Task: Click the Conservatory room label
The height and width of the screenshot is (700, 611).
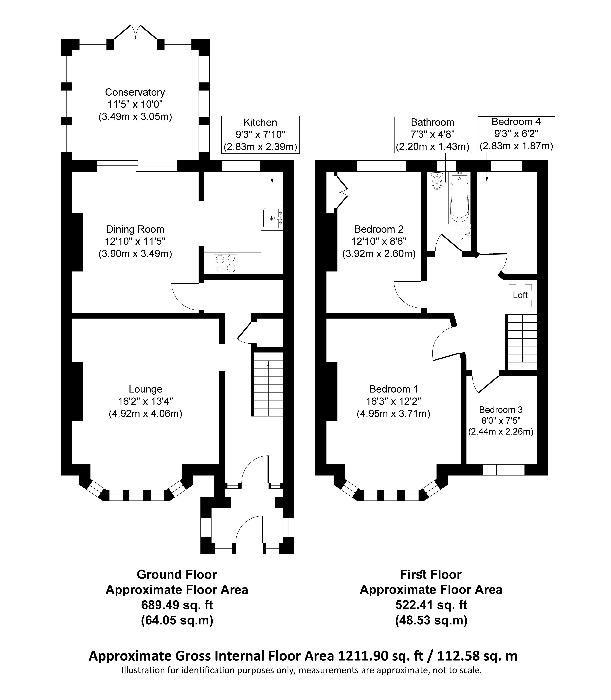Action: click(135, 92)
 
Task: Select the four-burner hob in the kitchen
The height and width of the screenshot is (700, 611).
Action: click(226, 263)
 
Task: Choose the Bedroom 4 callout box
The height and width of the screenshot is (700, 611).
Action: click(516, 134)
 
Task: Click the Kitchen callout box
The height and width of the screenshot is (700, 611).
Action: click(261, 134)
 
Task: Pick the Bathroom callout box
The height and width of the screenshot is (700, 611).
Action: click(433, 134)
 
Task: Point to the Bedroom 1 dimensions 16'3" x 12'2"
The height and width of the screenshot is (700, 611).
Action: click(394, 401)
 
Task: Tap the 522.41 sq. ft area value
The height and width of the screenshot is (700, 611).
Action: click(431, 605)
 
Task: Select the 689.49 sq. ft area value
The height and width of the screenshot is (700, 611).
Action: click(177, 605)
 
